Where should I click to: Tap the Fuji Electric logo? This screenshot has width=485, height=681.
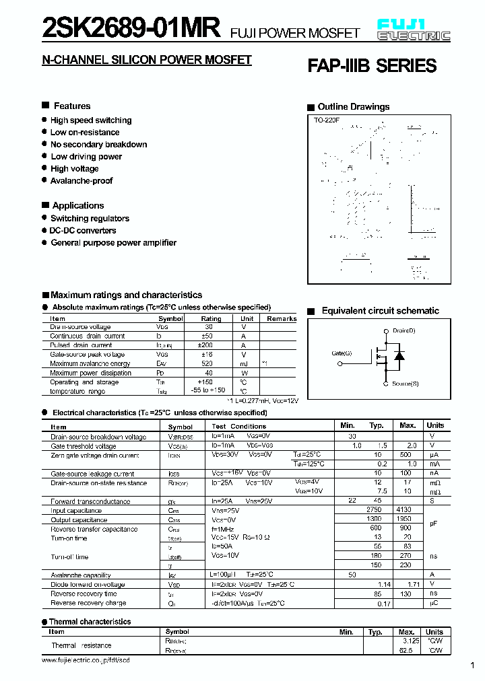coord(414,31)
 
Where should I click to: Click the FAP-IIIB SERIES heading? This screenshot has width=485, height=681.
coord(372,66)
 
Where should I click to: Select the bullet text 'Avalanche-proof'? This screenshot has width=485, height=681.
coord(82,181)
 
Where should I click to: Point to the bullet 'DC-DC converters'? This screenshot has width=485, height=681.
coord(83,231)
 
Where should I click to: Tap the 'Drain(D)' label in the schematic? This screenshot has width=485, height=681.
coord(404,330)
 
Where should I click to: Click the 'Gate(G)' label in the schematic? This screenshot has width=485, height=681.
coord(342,353)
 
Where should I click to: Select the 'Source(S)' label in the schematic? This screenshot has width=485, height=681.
coord(406,384)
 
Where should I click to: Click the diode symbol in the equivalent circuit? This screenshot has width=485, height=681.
coord(399,355)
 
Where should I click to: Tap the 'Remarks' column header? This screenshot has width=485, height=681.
coord(282,318)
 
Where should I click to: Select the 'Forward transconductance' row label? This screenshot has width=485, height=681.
coord(90,501)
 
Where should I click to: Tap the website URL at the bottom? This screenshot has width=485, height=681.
coord(86,661)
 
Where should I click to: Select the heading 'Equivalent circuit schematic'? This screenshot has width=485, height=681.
coord(380,311)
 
